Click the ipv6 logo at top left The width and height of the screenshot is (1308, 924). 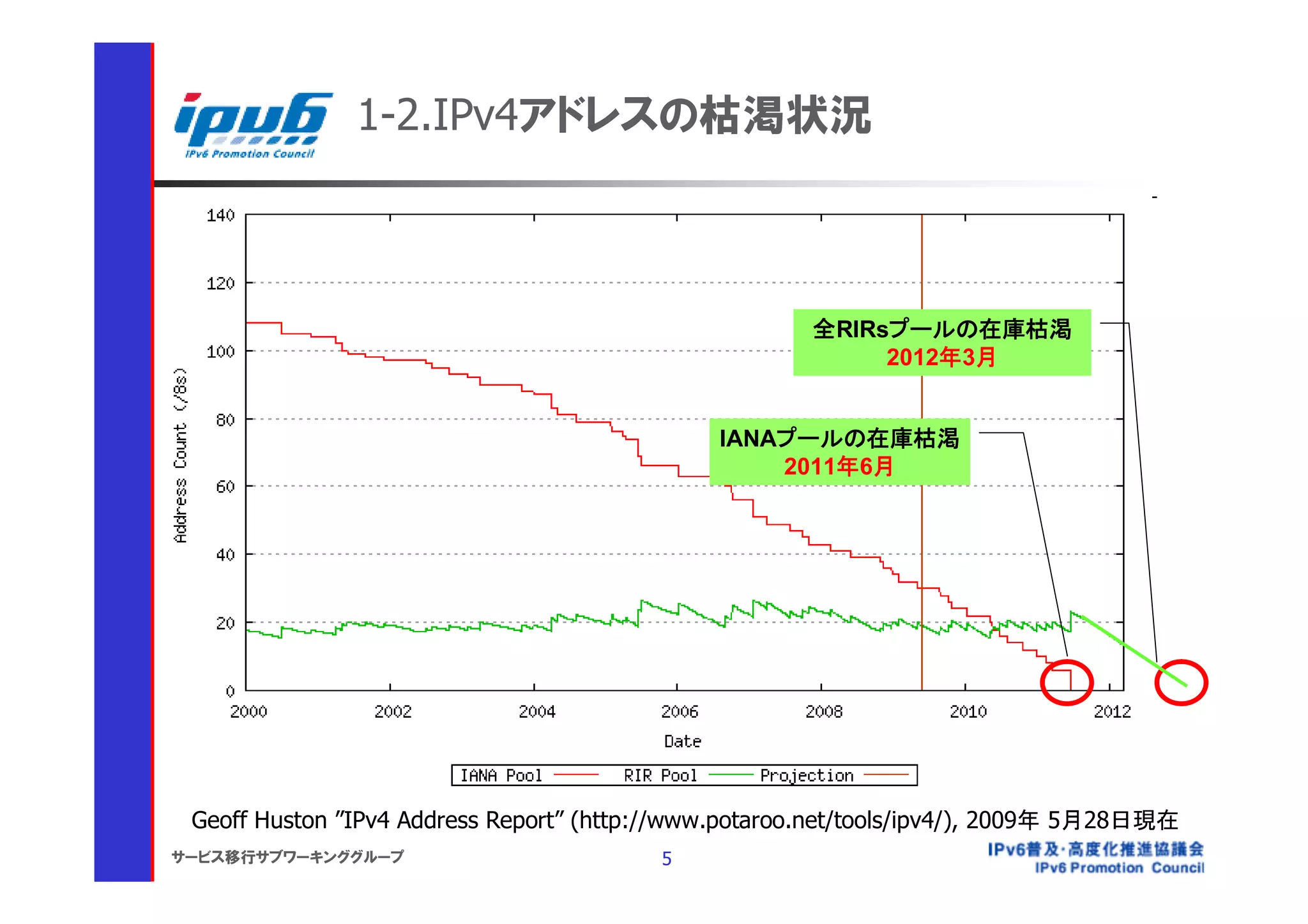[252, 125]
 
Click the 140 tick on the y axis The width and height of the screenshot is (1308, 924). [220, 216]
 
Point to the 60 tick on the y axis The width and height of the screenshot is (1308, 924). [225, 487]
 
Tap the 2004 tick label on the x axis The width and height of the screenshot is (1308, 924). [536, 711]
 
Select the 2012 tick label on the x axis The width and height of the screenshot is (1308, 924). [1112, 711]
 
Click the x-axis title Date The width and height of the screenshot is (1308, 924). [682, 741]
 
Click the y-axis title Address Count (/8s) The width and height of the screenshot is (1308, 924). [181, 455]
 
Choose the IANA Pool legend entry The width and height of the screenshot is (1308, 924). [501, 776]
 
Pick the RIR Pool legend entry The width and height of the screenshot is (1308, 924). [660, 776]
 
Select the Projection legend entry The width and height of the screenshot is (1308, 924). [807, 776]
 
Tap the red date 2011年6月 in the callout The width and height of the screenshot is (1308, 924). [839, 467]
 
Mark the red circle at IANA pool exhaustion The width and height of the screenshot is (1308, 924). [1067, 682]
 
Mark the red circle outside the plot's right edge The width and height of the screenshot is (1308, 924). [1181, 682]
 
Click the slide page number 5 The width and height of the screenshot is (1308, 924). [667, 859]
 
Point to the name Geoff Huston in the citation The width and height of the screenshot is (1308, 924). [259, 821]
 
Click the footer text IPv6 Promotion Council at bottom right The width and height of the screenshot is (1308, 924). [1119, 868]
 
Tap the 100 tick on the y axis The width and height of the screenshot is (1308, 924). [220, 352]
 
